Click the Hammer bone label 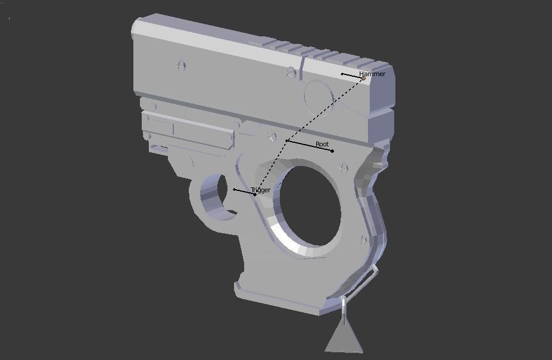372,74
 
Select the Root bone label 322,144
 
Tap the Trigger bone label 260,190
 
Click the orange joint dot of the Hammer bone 363,78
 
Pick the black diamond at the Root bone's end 332,151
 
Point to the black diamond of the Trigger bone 255,194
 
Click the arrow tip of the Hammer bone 342,74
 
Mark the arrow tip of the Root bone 286,141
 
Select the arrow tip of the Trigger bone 234,190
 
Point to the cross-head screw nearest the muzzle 180,65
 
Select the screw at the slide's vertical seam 291,73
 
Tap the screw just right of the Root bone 343,168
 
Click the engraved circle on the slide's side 320,96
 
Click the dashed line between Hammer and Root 325,110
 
